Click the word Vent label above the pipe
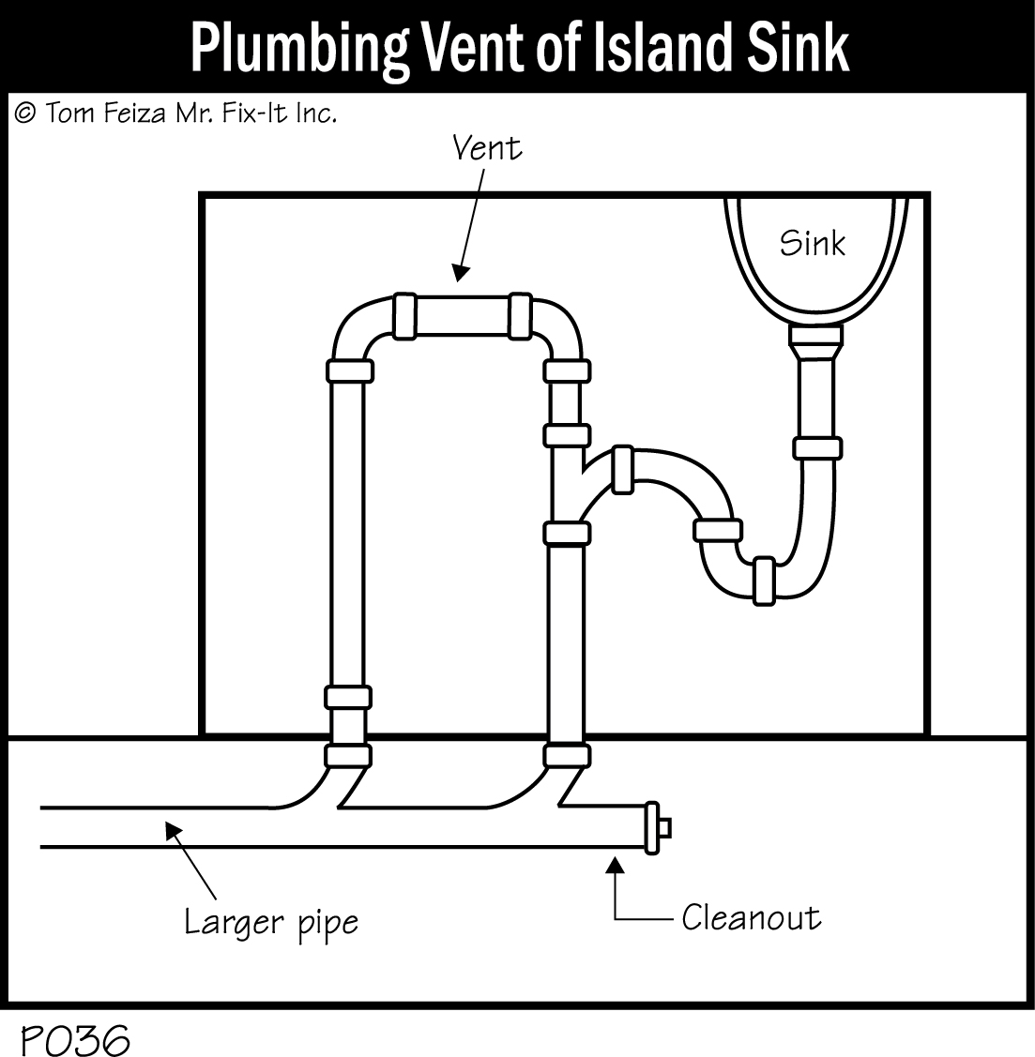[486, 148]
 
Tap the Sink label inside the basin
[812, 243]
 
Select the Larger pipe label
[270, 922]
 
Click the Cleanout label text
[751, 916]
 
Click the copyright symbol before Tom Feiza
[25, 113]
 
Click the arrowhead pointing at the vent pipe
[459, 273]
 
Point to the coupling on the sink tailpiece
[816, 447]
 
